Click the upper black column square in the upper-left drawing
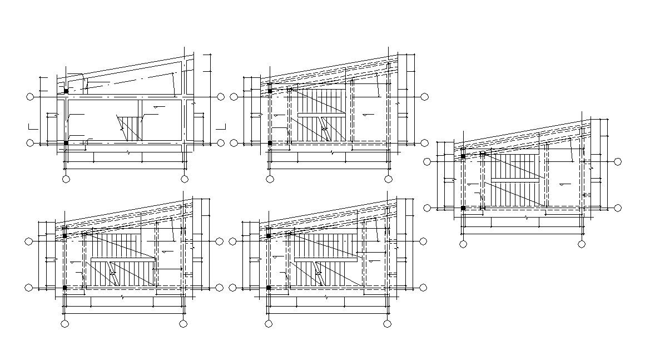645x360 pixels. (x=66, y=91)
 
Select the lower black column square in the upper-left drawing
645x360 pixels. (x=66, y=143)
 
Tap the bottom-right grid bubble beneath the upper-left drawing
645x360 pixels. (x=185, y=179)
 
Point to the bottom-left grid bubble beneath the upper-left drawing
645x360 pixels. (x=66, y=179)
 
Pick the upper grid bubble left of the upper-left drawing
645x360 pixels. (x=30, y=97)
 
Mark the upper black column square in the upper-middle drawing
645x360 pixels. (x=270, y=91)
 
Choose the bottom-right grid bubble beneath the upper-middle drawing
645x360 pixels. (x=388, y=179)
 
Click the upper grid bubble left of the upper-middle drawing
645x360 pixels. (x=234, y=97)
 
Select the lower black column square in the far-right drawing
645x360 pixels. (x=463, y=208)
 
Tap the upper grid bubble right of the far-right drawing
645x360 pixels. (x=618, y=161)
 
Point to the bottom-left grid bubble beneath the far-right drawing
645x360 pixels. (x=463, y=244)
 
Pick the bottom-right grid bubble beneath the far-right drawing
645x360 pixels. (x=582, y=244)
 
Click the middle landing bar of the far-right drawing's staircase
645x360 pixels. (x=515, y=180)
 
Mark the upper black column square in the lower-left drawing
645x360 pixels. (x=65, y=236)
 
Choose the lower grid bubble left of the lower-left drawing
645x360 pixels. (x=30, y=288)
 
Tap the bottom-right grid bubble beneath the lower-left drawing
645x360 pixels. (x=183, y=323)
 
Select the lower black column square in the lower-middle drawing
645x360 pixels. (x=269, y=288)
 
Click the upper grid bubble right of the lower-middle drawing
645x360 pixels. (x=424, y=241)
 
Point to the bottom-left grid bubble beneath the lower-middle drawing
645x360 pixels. (x=269, y=323)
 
